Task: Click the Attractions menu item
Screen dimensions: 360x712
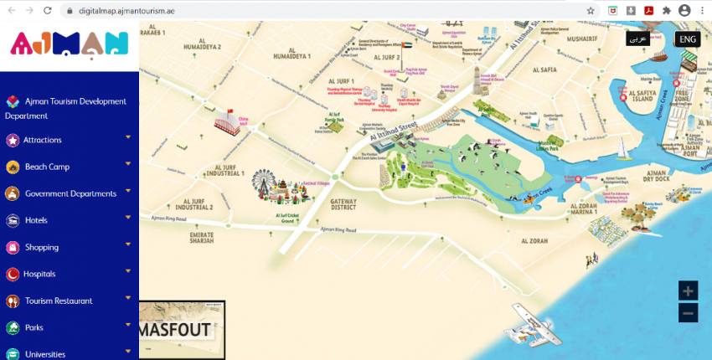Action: coord(42,140)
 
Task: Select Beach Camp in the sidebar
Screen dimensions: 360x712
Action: coord(47,167)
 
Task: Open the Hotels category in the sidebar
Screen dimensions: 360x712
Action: coord(36,220)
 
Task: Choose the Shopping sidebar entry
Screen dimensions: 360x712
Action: coord(42,247)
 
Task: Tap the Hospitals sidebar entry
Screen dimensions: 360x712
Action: coord(40,274)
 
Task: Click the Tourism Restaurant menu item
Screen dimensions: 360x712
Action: coord(59,301)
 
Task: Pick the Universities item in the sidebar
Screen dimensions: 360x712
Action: coord(45,354)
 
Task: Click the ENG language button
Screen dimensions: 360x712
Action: coord(688,39)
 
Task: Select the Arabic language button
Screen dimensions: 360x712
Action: coord(637,39)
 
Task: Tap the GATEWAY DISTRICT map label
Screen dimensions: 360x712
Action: coord(343,205)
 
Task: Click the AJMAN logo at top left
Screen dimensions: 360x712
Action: coord(70,42)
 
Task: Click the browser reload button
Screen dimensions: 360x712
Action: coord(48,10)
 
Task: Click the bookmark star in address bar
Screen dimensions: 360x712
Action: coord(591,10)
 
